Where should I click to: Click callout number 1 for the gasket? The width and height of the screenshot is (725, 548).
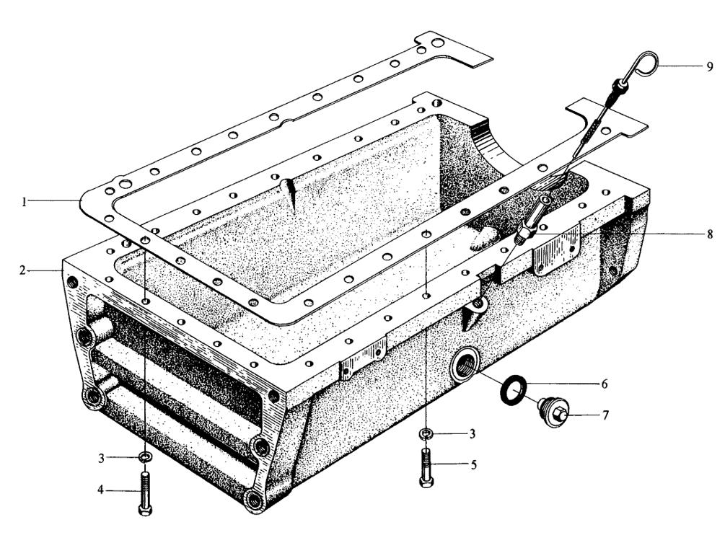point(25,202)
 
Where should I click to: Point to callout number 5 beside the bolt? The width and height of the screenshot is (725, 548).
point(473,465)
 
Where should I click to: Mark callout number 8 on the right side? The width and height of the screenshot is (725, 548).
point(711,234)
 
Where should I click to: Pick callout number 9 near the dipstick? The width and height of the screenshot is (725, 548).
point(711,66)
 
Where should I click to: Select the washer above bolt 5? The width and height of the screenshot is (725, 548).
point(426,433)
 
